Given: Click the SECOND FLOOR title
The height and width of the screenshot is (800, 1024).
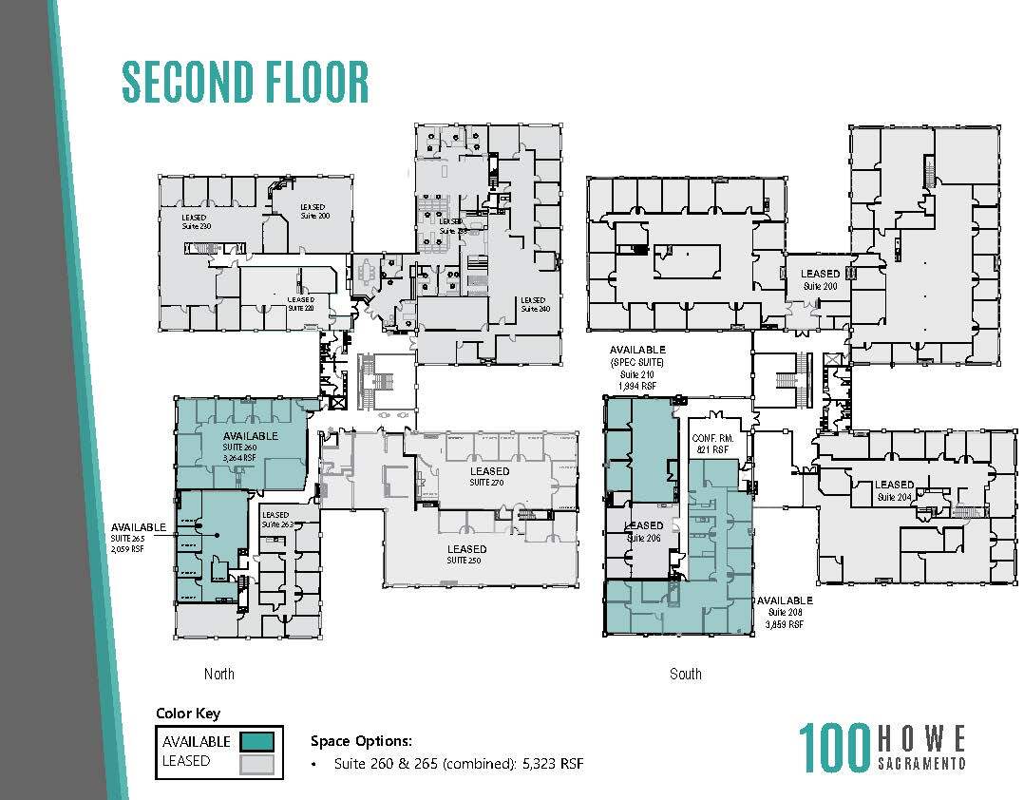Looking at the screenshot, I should click(x=244, y=82).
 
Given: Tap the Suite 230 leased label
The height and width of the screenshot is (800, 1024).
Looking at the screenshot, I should click(x=195, y=222).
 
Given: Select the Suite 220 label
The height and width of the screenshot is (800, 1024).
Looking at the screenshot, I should click(x=300, y=303).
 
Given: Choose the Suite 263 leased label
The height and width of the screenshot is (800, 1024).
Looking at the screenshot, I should click(x=275, y=520).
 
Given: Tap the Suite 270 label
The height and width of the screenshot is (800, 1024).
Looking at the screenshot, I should click(x=489, y=477).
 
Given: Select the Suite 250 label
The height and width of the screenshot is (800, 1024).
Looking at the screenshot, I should click(x=466, y=554).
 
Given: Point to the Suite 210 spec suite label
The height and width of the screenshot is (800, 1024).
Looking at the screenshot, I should click(x=637, y=368).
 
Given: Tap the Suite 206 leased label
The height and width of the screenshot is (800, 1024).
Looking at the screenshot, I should click(x=643, y=531).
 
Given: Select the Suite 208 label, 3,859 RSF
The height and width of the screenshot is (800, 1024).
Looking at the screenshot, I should click(x=784, y=612).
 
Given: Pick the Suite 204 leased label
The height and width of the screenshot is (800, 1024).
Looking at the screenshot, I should click(x=894, y=490).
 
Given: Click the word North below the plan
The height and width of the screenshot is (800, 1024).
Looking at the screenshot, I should click(x=218, y=674).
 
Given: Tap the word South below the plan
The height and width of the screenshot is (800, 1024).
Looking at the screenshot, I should click(x=685, y=674).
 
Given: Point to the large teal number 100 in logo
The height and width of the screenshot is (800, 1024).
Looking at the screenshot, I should click(x=834, y=748).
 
